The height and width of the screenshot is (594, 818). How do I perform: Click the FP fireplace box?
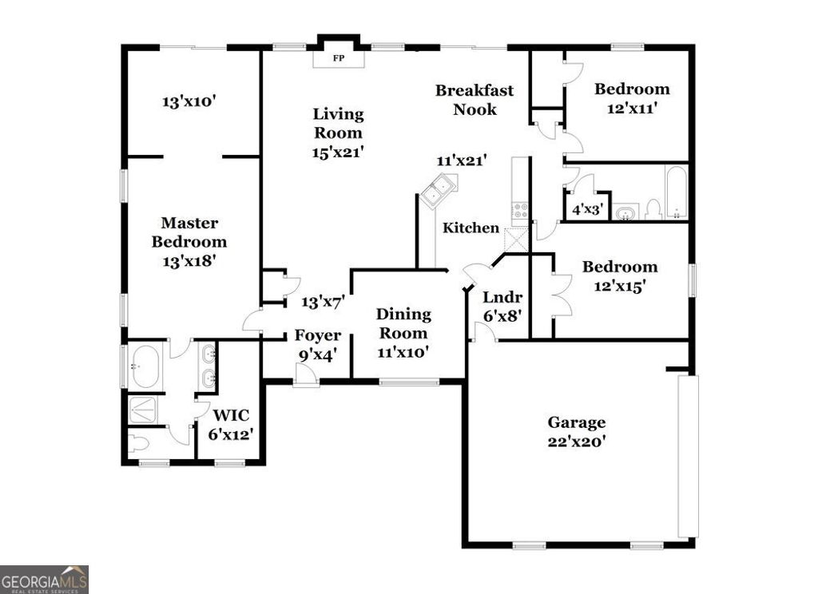338,58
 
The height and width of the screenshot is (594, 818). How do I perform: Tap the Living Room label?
338,124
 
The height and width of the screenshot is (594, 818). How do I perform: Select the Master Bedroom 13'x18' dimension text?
189,259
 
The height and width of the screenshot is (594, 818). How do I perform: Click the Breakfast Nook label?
475,100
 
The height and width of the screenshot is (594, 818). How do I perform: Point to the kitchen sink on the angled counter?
437,192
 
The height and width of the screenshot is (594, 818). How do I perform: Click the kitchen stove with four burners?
520,210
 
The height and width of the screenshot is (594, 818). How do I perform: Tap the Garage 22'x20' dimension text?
576,441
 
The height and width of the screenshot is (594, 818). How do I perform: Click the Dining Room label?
403,323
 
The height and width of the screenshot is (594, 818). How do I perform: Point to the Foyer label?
317,335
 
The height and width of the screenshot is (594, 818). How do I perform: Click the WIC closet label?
232,415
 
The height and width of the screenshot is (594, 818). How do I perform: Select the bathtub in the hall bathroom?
676,192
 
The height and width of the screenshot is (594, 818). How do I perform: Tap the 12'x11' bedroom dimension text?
632,108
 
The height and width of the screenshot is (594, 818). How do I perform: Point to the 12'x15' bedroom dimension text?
620,285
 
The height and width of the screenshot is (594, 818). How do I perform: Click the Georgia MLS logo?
44,579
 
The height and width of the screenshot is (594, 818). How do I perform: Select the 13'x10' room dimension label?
190,102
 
